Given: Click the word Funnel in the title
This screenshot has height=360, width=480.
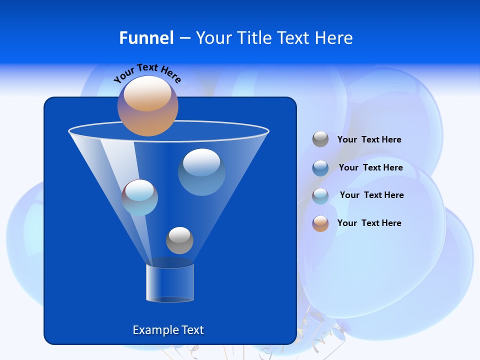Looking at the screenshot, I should tap(146, 38).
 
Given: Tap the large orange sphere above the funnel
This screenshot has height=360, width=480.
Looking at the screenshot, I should tap(148, 105).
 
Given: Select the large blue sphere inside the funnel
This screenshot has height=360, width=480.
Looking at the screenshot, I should tap(201, 171).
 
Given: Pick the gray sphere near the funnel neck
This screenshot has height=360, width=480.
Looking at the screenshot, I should tap(179, 240).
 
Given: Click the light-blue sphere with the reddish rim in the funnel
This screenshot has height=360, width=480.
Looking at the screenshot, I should tap(139, 197).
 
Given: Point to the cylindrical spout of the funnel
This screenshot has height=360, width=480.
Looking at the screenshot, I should tap(170, 283).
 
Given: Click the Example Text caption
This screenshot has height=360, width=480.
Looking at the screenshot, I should tap(168, 330).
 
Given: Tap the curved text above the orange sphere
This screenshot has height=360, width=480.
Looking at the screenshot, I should tap(147, 72).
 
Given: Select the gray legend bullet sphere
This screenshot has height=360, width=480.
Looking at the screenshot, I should tap(320, 139).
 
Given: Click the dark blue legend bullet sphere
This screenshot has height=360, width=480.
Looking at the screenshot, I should tap(320, 167).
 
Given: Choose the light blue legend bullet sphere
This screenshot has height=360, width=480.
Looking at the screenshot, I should tap(320, 195).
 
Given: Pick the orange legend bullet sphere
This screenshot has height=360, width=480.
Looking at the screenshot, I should tap(320, 223).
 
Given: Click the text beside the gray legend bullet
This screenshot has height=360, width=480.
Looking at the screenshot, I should tap(369, 140).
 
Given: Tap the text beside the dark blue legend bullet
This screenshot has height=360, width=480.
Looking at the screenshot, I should tap(370, 168).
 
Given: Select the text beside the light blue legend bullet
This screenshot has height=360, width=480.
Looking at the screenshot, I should tap(371, 195).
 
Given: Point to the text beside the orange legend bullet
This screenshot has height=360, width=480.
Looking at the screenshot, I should tap(369, 223).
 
